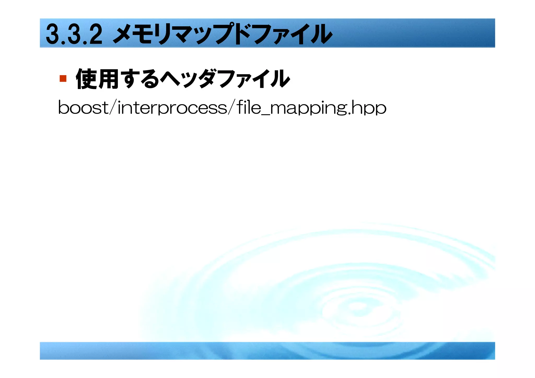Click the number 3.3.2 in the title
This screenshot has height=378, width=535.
tap(74, 34)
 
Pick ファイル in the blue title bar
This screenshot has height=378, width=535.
tap(293, 34)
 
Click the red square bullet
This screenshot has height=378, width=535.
tap(63, 79)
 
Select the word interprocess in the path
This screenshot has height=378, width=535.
tap(172, 108)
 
